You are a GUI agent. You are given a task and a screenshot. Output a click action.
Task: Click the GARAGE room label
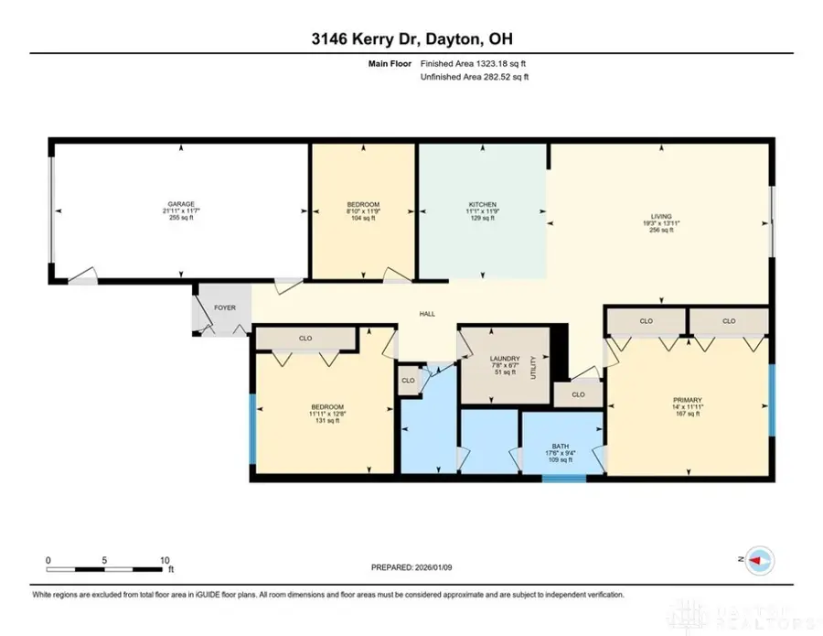click(x=180, y=204)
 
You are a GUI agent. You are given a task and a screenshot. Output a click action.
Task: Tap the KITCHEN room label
click(x=482, y=204)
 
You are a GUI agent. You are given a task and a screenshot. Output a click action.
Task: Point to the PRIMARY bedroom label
click(x=687, y=400)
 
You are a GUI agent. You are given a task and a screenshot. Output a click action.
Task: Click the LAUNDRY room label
click(x=504, y=359)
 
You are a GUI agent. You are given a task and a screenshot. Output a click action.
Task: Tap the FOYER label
click(x=225, y=307)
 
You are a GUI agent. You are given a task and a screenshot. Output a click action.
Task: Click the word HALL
click(x=426, y=314)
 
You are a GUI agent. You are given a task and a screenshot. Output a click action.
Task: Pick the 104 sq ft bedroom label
click(x=363, y=204)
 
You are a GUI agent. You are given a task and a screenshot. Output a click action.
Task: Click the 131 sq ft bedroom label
click(x=326, y=407)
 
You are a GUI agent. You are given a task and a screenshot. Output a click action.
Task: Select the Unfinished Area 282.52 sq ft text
click(x=474, y=77)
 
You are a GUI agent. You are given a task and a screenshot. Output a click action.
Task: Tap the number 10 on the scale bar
click(x=166, y=560)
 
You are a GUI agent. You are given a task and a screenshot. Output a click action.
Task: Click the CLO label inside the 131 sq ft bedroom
click(x=305, y=339)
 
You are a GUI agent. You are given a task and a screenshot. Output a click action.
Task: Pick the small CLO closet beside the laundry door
click(x=408, y=380)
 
